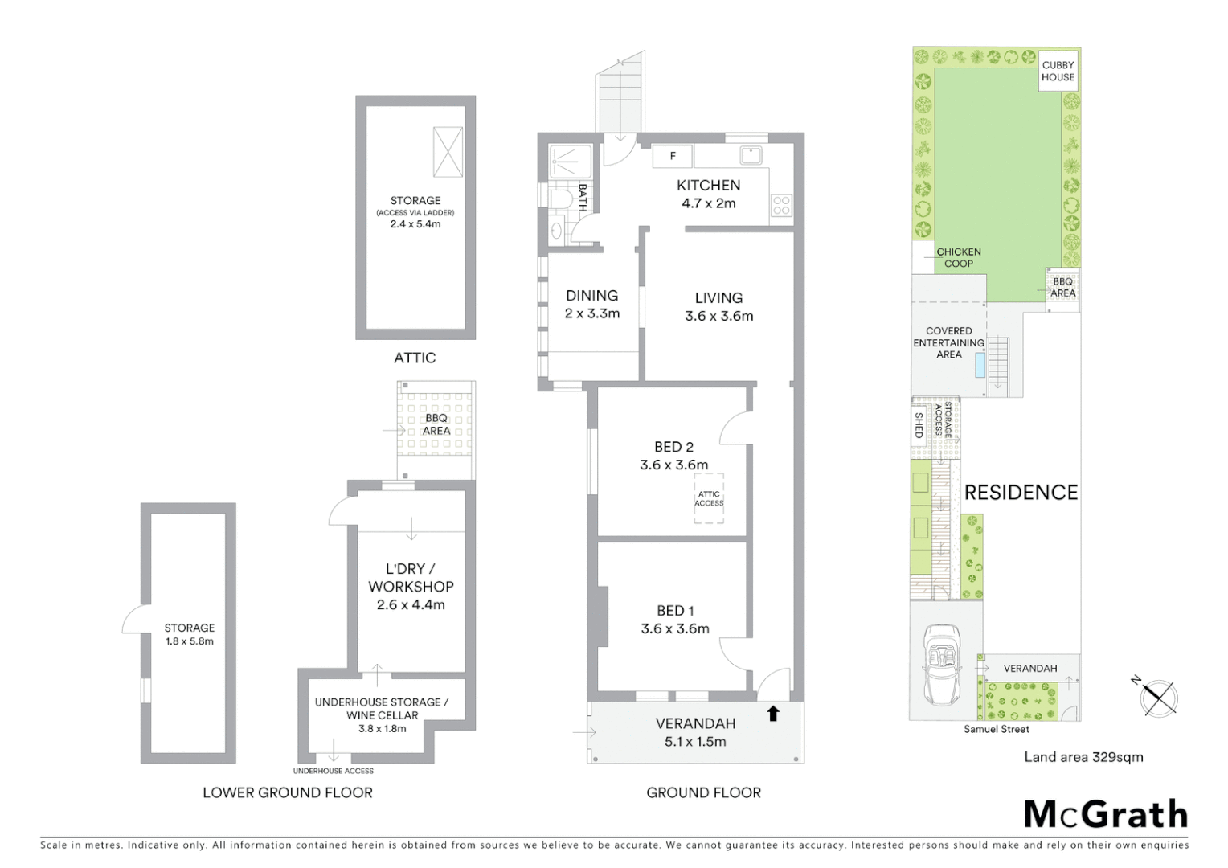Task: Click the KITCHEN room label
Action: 708,186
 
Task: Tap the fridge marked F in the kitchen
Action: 673,156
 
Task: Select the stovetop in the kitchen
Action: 781,205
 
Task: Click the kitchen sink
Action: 751,155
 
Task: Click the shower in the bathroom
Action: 571,162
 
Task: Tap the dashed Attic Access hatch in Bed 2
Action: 709,499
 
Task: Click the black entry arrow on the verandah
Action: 773,713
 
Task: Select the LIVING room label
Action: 718,298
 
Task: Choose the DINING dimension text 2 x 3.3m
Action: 592,313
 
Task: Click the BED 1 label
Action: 675,611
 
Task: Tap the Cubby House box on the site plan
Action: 1058,71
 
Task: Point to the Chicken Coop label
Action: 958,257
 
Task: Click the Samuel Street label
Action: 997,729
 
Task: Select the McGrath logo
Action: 1106,814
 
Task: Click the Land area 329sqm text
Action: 1083,756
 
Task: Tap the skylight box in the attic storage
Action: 448,151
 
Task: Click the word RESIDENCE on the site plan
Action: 1021,493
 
